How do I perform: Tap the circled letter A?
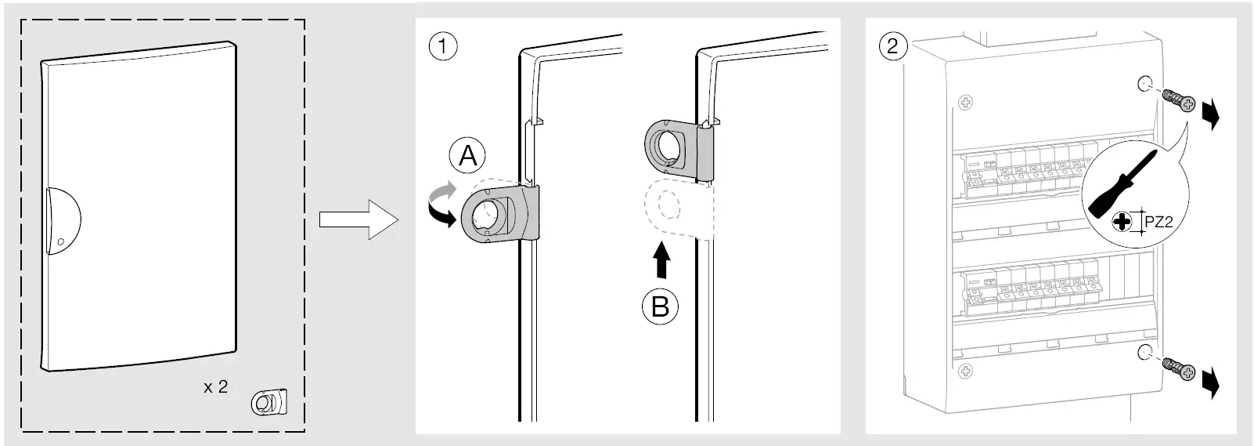(x=467, y=156)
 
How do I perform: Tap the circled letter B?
(x=660, y=306)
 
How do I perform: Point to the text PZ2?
(x=1158, y=223)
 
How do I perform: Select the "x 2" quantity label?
(x=215, y=386)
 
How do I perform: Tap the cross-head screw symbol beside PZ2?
(x=1122, y=222)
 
